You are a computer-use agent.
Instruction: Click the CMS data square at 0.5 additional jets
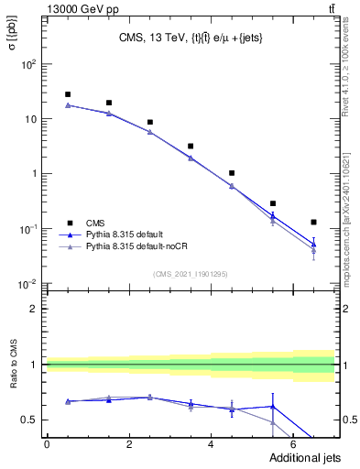[x=68, y=94]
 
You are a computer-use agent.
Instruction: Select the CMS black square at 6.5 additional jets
[x=313, y=222]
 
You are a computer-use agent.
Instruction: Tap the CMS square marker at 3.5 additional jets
[x=191, y=146]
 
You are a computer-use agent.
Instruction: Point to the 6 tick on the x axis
[x=293, y=445]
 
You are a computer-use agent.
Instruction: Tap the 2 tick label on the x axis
[x=129, y=445]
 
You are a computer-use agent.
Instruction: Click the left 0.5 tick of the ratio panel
[x=28, y=420]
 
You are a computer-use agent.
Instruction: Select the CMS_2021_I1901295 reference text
[x=190, y=274]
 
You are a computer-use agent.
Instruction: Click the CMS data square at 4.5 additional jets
[x=232, y=173]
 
